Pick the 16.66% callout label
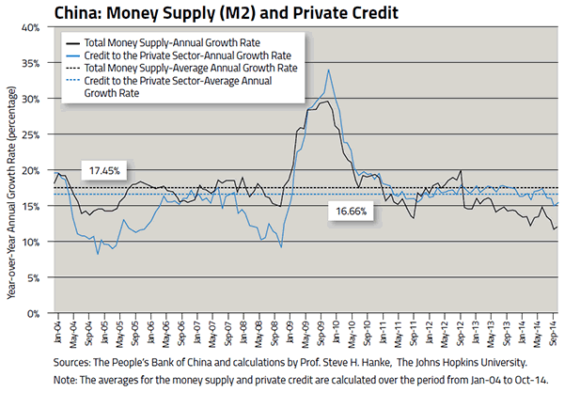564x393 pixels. (354, 212)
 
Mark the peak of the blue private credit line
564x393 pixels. (328, 70)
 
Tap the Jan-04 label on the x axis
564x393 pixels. (57, 332)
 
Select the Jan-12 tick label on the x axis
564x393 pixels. (430, 332)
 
